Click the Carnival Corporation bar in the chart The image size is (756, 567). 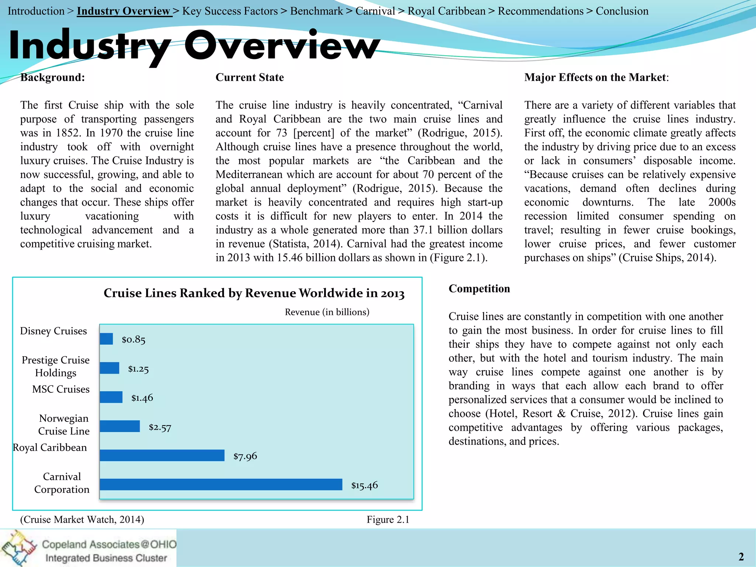click(221, 484)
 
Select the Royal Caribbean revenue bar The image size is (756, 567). click(162, 455)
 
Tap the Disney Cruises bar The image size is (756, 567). click(106, 339)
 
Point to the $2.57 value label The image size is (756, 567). click(160, 427)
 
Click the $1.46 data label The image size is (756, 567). click(142, 398)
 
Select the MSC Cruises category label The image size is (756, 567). click(61, 389)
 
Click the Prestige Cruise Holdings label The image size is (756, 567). click(56, 366)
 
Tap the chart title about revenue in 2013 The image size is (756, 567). click(254, 293)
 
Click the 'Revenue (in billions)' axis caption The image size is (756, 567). click(327, 312)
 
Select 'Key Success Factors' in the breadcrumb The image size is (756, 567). click(230, 11)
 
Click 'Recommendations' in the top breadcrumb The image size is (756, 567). click(540, 11)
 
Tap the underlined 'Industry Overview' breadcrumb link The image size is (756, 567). click(123, 11)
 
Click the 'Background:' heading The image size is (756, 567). click(52, 78)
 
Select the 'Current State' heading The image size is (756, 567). click(250, 78)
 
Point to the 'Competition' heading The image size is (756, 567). click(479, 289)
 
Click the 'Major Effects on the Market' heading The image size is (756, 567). click(595, 78)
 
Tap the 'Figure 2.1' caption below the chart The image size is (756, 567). click(388, 519)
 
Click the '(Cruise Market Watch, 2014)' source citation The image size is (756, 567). click(82, 519)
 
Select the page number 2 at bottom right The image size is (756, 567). click(741, 556)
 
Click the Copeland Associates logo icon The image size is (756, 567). click(18, 548)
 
